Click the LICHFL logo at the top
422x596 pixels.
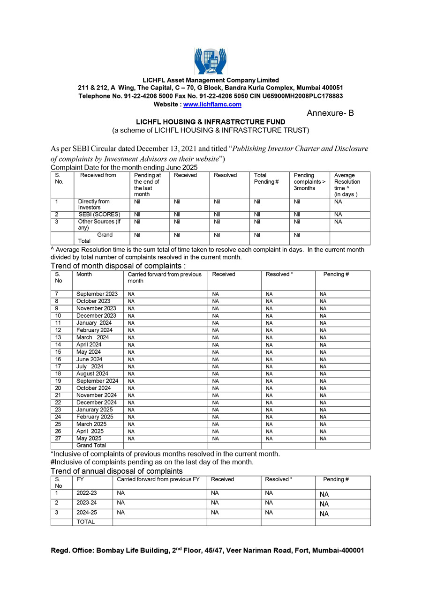(211, 61)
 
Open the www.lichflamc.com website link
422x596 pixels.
(212, 104)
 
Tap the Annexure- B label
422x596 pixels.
(330, 113)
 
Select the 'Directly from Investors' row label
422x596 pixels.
(94, 204)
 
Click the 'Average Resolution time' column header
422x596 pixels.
(347, 185)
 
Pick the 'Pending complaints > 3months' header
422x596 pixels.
(307, 182)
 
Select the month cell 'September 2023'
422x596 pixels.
(97, 294)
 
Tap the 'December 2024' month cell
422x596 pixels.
(97, 402)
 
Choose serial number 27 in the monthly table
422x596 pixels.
(58, 439)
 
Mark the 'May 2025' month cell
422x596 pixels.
(89, 439)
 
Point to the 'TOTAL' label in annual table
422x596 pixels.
(85, 521)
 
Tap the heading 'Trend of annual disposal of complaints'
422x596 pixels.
(117, 471)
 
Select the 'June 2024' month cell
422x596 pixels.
(90, 359)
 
